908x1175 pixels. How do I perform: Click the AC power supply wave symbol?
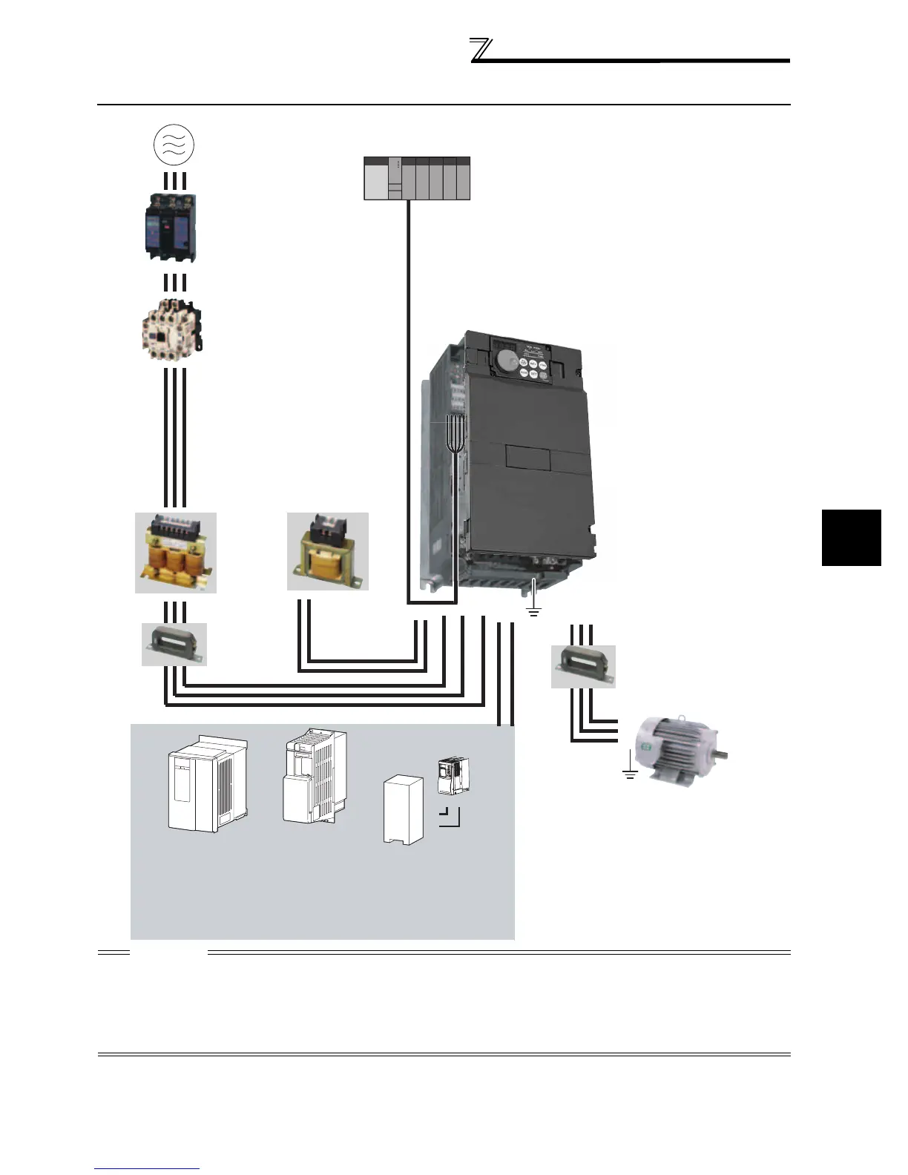click(x=174, y=144)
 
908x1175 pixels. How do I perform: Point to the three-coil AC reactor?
click(x=176, y=553)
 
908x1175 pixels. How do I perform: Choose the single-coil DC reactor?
click(x=327, y=551)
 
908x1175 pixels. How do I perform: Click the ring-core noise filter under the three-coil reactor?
click(x=174, y=644)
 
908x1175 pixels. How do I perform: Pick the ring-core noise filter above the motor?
click(x=583, y=665)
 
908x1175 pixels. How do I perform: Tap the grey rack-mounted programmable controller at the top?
click(x=417, y=179)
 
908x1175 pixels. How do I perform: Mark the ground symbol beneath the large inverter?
click(x=533, y=612)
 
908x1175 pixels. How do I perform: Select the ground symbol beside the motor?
click(x=630, y=774)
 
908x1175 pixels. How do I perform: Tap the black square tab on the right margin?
click(x=851, y=537)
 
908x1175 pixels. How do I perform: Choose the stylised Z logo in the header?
click(x=481, y=50)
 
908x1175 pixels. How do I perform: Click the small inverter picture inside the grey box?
click(x=453, y=776)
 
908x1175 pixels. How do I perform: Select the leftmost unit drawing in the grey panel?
click(x=206, y=784)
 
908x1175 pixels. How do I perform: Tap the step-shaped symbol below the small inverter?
click(x=450, y=817)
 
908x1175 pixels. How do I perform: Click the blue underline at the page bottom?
click(x=148, y=1169)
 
